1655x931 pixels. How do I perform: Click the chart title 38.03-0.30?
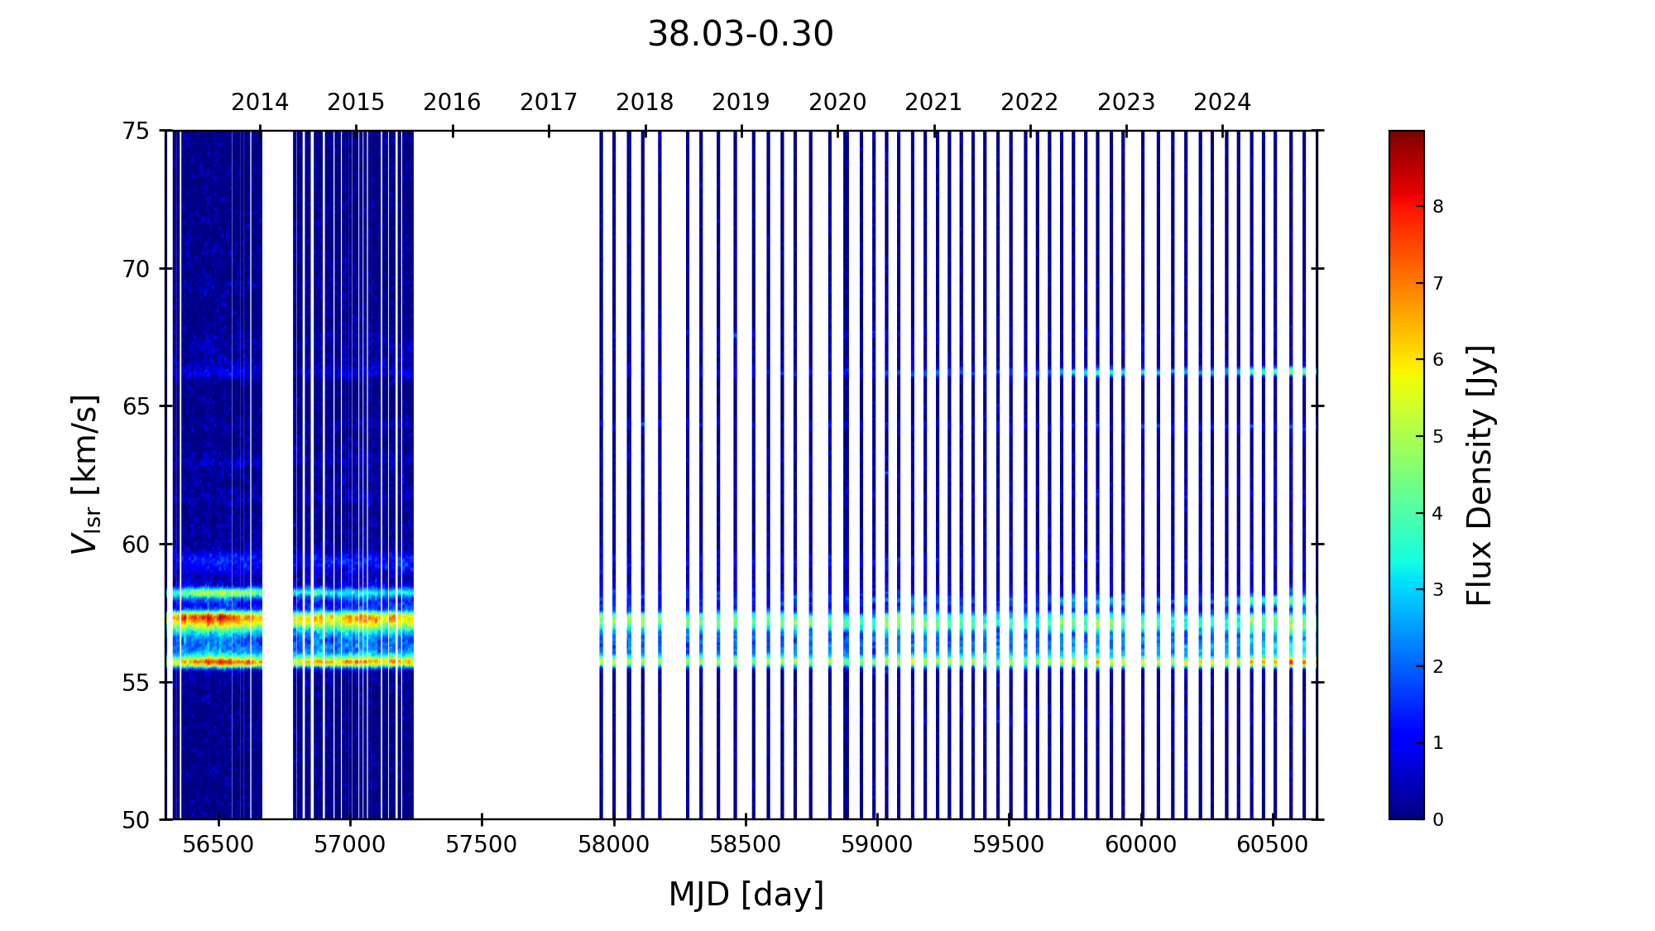pyautogui.click(x=740, y=35)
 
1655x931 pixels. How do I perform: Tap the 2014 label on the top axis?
pyautogui.click(x=260, y=103)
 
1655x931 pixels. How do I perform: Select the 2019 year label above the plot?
pyautogui.click(x=741, y=103)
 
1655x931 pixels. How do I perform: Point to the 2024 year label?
pyautogui.click(x=1222, y=103)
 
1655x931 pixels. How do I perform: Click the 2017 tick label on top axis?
pyautogui.click(x=549, y=103)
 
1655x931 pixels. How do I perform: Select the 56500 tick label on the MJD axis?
pyautogui.click(x=218, y=845)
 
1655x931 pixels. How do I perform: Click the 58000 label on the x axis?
pyautogui.click(x=613, y=845)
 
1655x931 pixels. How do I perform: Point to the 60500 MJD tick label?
pyautogui.click(x=1273, y=845)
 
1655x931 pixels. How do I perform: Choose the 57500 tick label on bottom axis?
pyautogui.click(x=482, y=845)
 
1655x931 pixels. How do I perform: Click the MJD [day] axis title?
pyautogui.click(x=746, y=895)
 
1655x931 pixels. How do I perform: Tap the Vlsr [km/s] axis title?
pyautogui.click(x=85, y=474)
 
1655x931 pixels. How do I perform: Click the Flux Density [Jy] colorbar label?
pyautogui.click(x=1480, y=475)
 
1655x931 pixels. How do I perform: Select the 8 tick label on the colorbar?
pyautogui.click(x=1438, y=207)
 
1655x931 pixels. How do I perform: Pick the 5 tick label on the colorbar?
pyautogui.click(x=1438, y=437)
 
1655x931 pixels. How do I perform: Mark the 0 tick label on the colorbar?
pyautogui.click(x=1438, y=820)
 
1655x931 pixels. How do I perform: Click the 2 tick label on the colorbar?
pyautogui.click(x=1438, y=667)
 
